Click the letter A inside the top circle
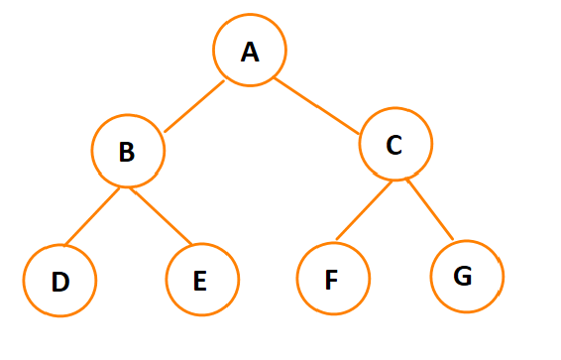[x=250, y=51]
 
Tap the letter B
[x=126, y=152]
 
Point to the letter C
[x=393, y=145]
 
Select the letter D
[x=59, y=282]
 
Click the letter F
[x=332, y=280]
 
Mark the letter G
[x=462, y=276]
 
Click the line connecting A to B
[x=194, y=106]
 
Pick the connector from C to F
[x=365, y=210]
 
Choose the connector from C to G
[x=429, y=209]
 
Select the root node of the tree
[x=250, y=51]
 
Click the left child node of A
[x=127, y=151]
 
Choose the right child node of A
[x=394, y=145]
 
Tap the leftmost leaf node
[x=59, y=281]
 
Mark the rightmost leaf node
[x=467, y=276]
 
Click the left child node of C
[x=333, y=278]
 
